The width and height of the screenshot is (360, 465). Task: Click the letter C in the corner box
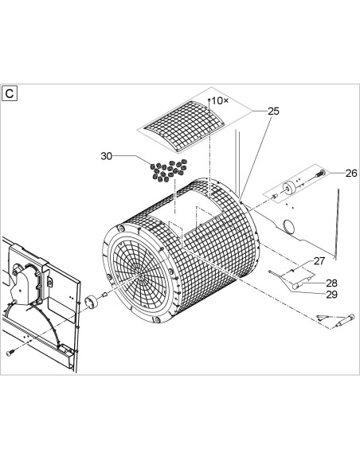(10, 93)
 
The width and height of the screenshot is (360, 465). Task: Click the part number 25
(273, 111)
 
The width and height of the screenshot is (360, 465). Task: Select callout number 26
(351, 174)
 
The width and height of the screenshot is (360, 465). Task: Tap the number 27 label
(319, 261)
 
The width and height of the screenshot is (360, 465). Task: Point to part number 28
(332, 283)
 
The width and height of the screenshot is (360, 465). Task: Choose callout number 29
(332, 295)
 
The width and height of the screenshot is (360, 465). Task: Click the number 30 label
(107, 156)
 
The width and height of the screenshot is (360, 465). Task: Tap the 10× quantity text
(220, 101)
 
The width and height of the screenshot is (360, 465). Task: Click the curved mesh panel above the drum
(184, 127)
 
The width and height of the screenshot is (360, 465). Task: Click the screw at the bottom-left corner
(10, 352)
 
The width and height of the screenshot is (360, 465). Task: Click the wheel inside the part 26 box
(288, 187)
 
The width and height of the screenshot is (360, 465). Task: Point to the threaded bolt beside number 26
(319, 174)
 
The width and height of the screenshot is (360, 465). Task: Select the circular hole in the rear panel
(288, 226)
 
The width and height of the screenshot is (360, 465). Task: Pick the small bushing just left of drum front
(104, 294)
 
